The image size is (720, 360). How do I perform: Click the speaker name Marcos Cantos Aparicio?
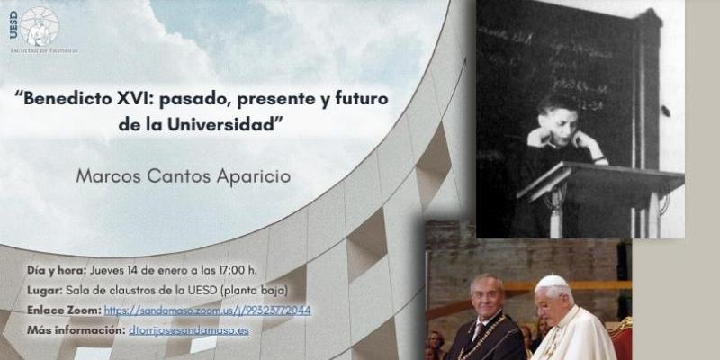pyautogui.click(x=183, y=175)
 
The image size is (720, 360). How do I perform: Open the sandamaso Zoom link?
pyautogui.click(x=207, y=310)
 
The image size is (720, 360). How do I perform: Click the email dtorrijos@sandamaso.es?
pyautogui.click(x=187, y=330)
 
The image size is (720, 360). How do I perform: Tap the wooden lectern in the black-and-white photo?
pyautogui.click(x=594, y=184)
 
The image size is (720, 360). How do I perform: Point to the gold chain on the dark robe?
pyautogui.click(x=491, y=337)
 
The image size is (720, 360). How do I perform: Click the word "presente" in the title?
pyautogui.click(x=267, y=99)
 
